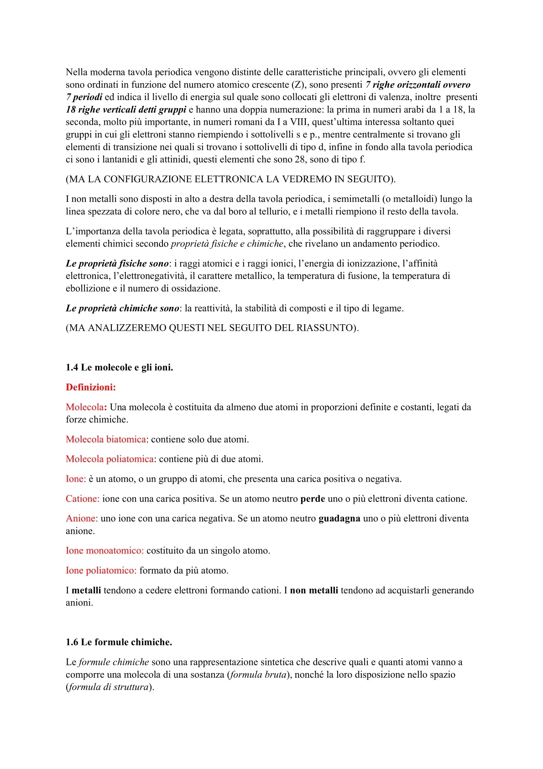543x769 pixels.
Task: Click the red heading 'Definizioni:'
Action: (91, 387)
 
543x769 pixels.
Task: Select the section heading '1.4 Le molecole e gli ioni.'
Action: (119, 368)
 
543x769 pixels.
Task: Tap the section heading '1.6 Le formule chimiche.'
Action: (119, 642)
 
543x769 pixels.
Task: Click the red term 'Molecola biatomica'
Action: (106, 439)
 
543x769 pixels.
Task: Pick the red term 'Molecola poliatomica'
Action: (110, 459)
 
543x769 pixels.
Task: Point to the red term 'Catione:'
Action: (83, 499)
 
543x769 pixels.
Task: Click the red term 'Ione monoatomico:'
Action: (104, 551)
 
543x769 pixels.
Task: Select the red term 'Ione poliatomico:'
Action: (101, 570)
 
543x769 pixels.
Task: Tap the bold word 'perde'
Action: (313, 499)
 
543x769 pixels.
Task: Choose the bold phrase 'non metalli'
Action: (314, 590)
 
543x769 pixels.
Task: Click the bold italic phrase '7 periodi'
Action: (84, 97)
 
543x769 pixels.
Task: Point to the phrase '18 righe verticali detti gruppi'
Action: (126, 110)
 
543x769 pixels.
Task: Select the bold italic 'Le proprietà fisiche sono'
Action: (117, 263)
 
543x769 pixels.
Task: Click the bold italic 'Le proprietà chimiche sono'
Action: (122, 308)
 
